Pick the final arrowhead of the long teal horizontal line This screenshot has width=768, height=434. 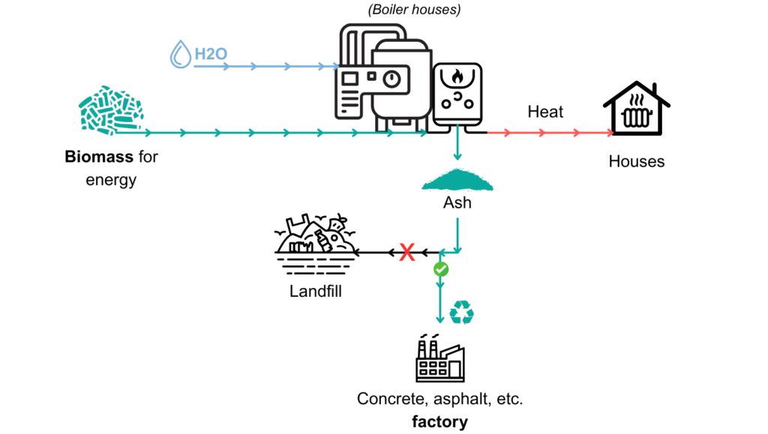(424, 133)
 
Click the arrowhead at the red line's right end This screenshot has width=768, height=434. (610, 133)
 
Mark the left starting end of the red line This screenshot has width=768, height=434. (490, 133)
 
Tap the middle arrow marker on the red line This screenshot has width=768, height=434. (541, 133)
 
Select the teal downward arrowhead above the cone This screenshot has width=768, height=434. (457, 154)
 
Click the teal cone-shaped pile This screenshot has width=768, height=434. (458, 180)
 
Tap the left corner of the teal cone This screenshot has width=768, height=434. (422, 189)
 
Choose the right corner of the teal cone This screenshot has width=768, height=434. (495, 189)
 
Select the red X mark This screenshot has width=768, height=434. (406, 253)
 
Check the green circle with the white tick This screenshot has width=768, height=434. (441, 269)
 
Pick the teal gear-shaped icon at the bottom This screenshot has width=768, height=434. (462, 313)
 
